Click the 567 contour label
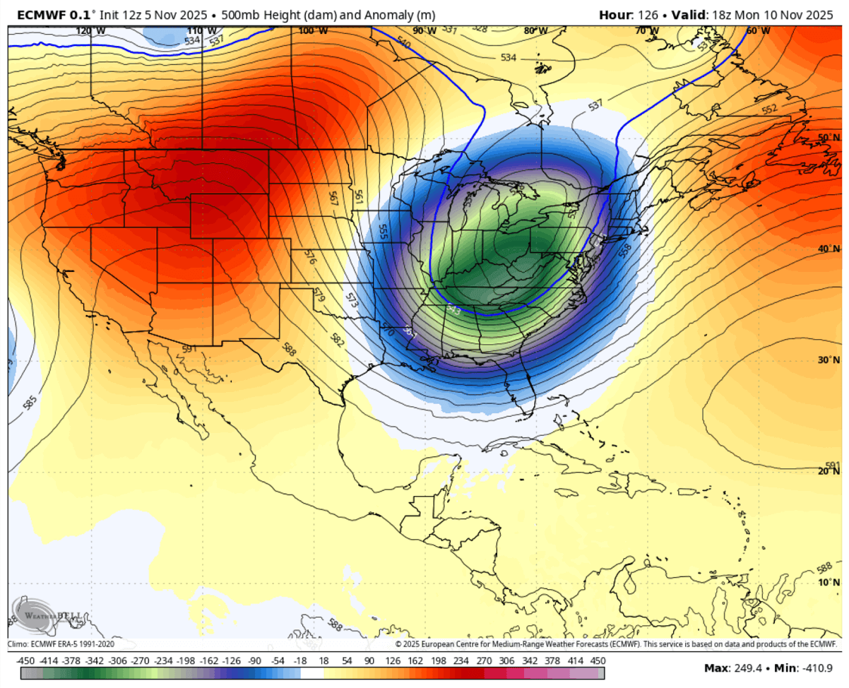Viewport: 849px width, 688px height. tap(333, 198)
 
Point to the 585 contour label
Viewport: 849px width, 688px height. tap(29, 404)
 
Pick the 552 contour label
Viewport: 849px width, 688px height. tap(769, 109)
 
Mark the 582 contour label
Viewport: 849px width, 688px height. tap(338, 342)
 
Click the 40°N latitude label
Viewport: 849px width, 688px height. tap(829, 249)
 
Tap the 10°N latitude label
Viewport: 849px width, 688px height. tap(829, 583)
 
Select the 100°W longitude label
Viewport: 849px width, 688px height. tap(312, 31)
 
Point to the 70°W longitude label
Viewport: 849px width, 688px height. tap(644, 31)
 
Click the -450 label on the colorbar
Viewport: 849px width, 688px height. tap(26, 660)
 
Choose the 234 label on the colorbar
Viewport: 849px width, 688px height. tap(461, 660)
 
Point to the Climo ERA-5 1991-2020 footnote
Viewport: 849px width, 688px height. tap(61, 644)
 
